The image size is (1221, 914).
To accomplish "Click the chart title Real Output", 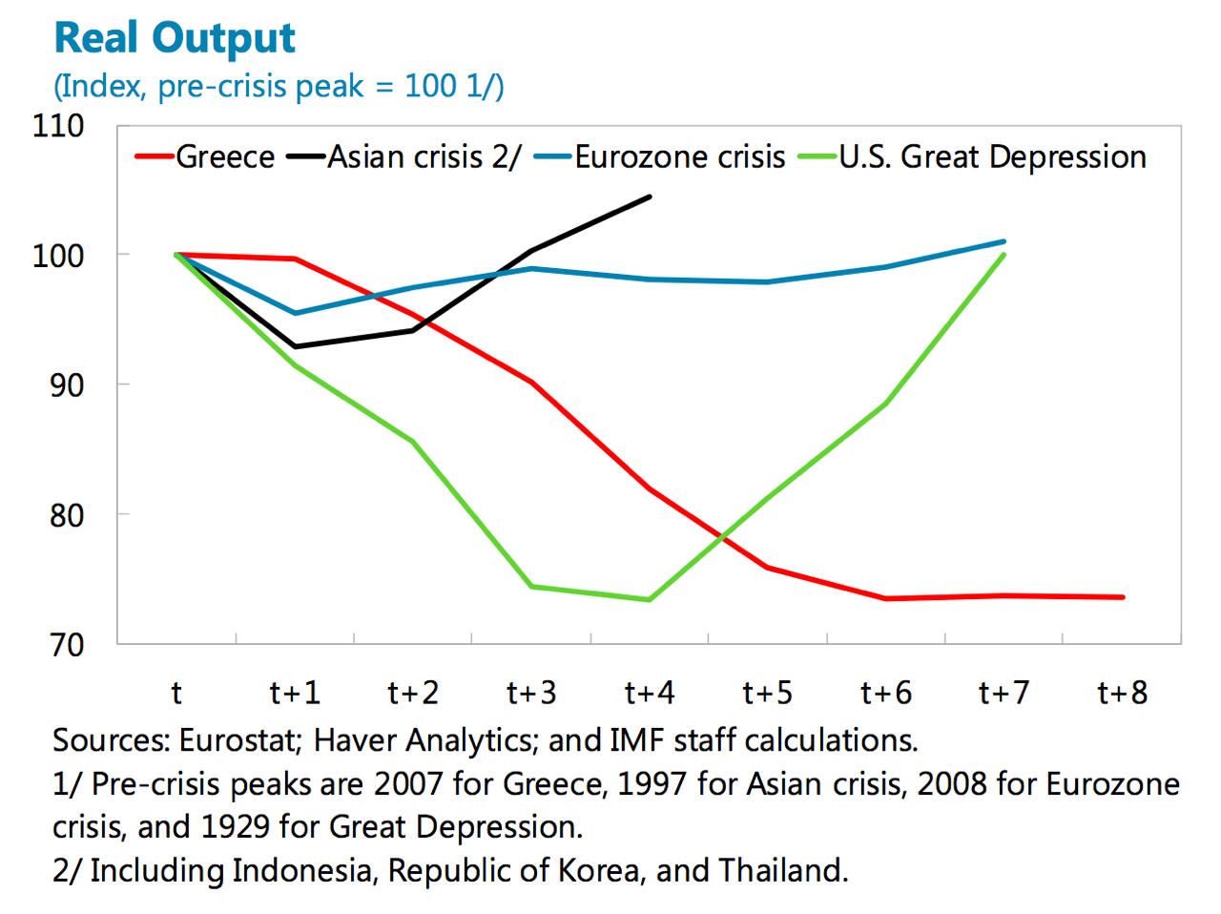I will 175,38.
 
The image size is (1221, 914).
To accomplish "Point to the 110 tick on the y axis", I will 58,125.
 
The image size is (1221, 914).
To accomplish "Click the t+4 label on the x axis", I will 650,693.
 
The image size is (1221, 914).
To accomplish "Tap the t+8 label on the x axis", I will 1123,693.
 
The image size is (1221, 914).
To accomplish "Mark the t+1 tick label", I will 295,693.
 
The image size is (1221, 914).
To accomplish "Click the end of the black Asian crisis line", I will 650,197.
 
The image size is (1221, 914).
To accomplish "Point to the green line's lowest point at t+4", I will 650,600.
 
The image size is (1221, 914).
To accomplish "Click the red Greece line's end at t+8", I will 1123,597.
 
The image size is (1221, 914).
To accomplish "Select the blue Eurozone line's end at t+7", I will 1004,241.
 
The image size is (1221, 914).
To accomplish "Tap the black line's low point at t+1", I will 295,346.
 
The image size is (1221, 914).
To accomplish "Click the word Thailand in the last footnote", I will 782,870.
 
